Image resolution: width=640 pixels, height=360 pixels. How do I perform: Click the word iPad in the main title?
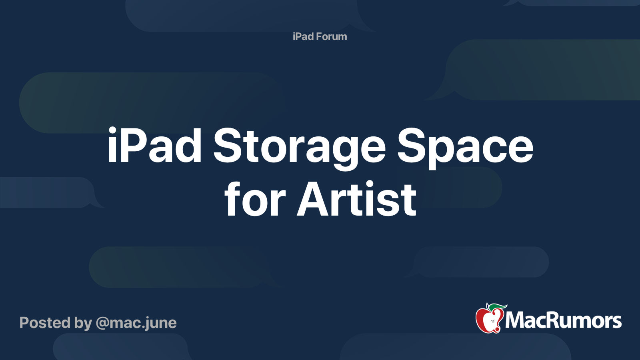154,146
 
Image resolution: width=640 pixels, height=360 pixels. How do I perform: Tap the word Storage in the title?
299,146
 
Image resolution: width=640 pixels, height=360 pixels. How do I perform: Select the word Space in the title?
465,146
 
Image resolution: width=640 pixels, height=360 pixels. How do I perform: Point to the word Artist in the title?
356,199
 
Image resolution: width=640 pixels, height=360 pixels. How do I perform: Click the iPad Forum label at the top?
320,36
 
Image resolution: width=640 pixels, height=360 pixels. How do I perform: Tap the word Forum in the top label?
331,36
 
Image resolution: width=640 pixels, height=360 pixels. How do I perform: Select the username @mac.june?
136,323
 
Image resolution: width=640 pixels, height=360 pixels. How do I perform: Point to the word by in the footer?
83,323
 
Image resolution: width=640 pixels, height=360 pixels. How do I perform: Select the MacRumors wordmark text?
563,320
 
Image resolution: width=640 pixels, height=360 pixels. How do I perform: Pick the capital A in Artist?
313,199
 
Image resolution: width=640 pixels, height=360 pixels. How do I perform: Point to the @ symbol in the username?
102,323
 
